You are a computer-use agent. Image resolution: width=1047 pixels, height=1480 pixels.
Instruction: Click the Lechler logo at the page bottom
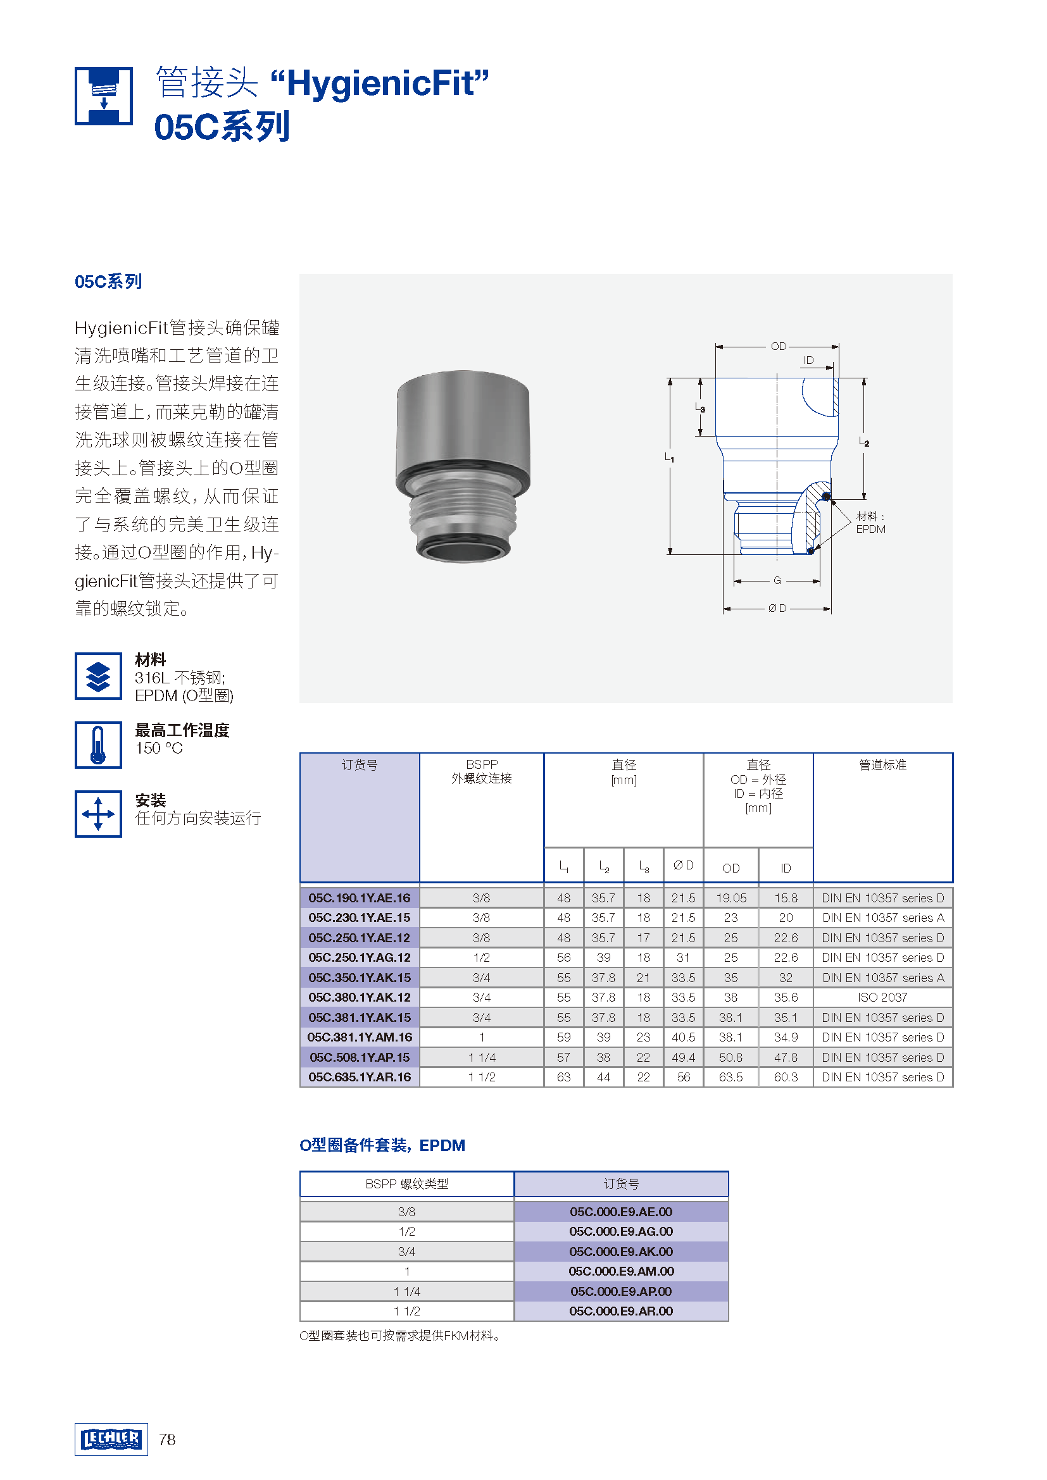pyautogui.click(x=111, y=1439)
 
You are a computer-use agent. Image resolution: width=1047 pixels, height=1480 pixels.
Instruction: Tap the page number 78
pyautogui.click(x=167, y=1440)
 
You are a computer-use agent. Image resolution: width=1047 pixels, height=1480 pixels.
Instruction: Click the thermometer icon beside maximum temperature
pyautogui.click(x=98, y=745)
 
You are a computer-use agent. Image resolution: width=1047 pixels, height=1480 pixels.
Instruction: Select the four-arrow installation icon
pyautogui.click(x=98, y=814)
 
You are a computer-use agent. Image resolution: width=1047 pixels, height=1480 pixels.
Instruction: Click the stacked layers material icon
pyautogui.click(x=98, y=676)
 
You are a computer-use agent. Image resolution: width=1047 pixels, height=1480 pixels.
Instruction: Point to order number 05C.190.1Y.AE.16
pyautogui.click(x=359, y=898)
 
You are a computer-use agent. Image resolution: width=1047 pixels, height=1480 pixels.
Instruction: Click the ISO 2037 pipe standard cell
pyautogui.click(x=882, y=997)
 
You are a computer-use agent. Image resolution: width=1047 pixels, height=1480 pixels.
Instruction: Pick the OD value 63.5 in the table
pyautogui.click(x=730, y=1077)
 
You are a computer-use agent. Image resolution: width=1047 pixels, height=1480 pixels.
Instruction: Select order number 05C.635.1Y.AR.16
pyautogui.click(x=359, y=1077)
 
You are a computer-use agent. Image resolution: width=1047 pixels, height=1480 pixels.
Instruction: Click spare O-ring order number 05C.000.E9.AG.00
pyautogui.click(x=621, y=1231)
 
